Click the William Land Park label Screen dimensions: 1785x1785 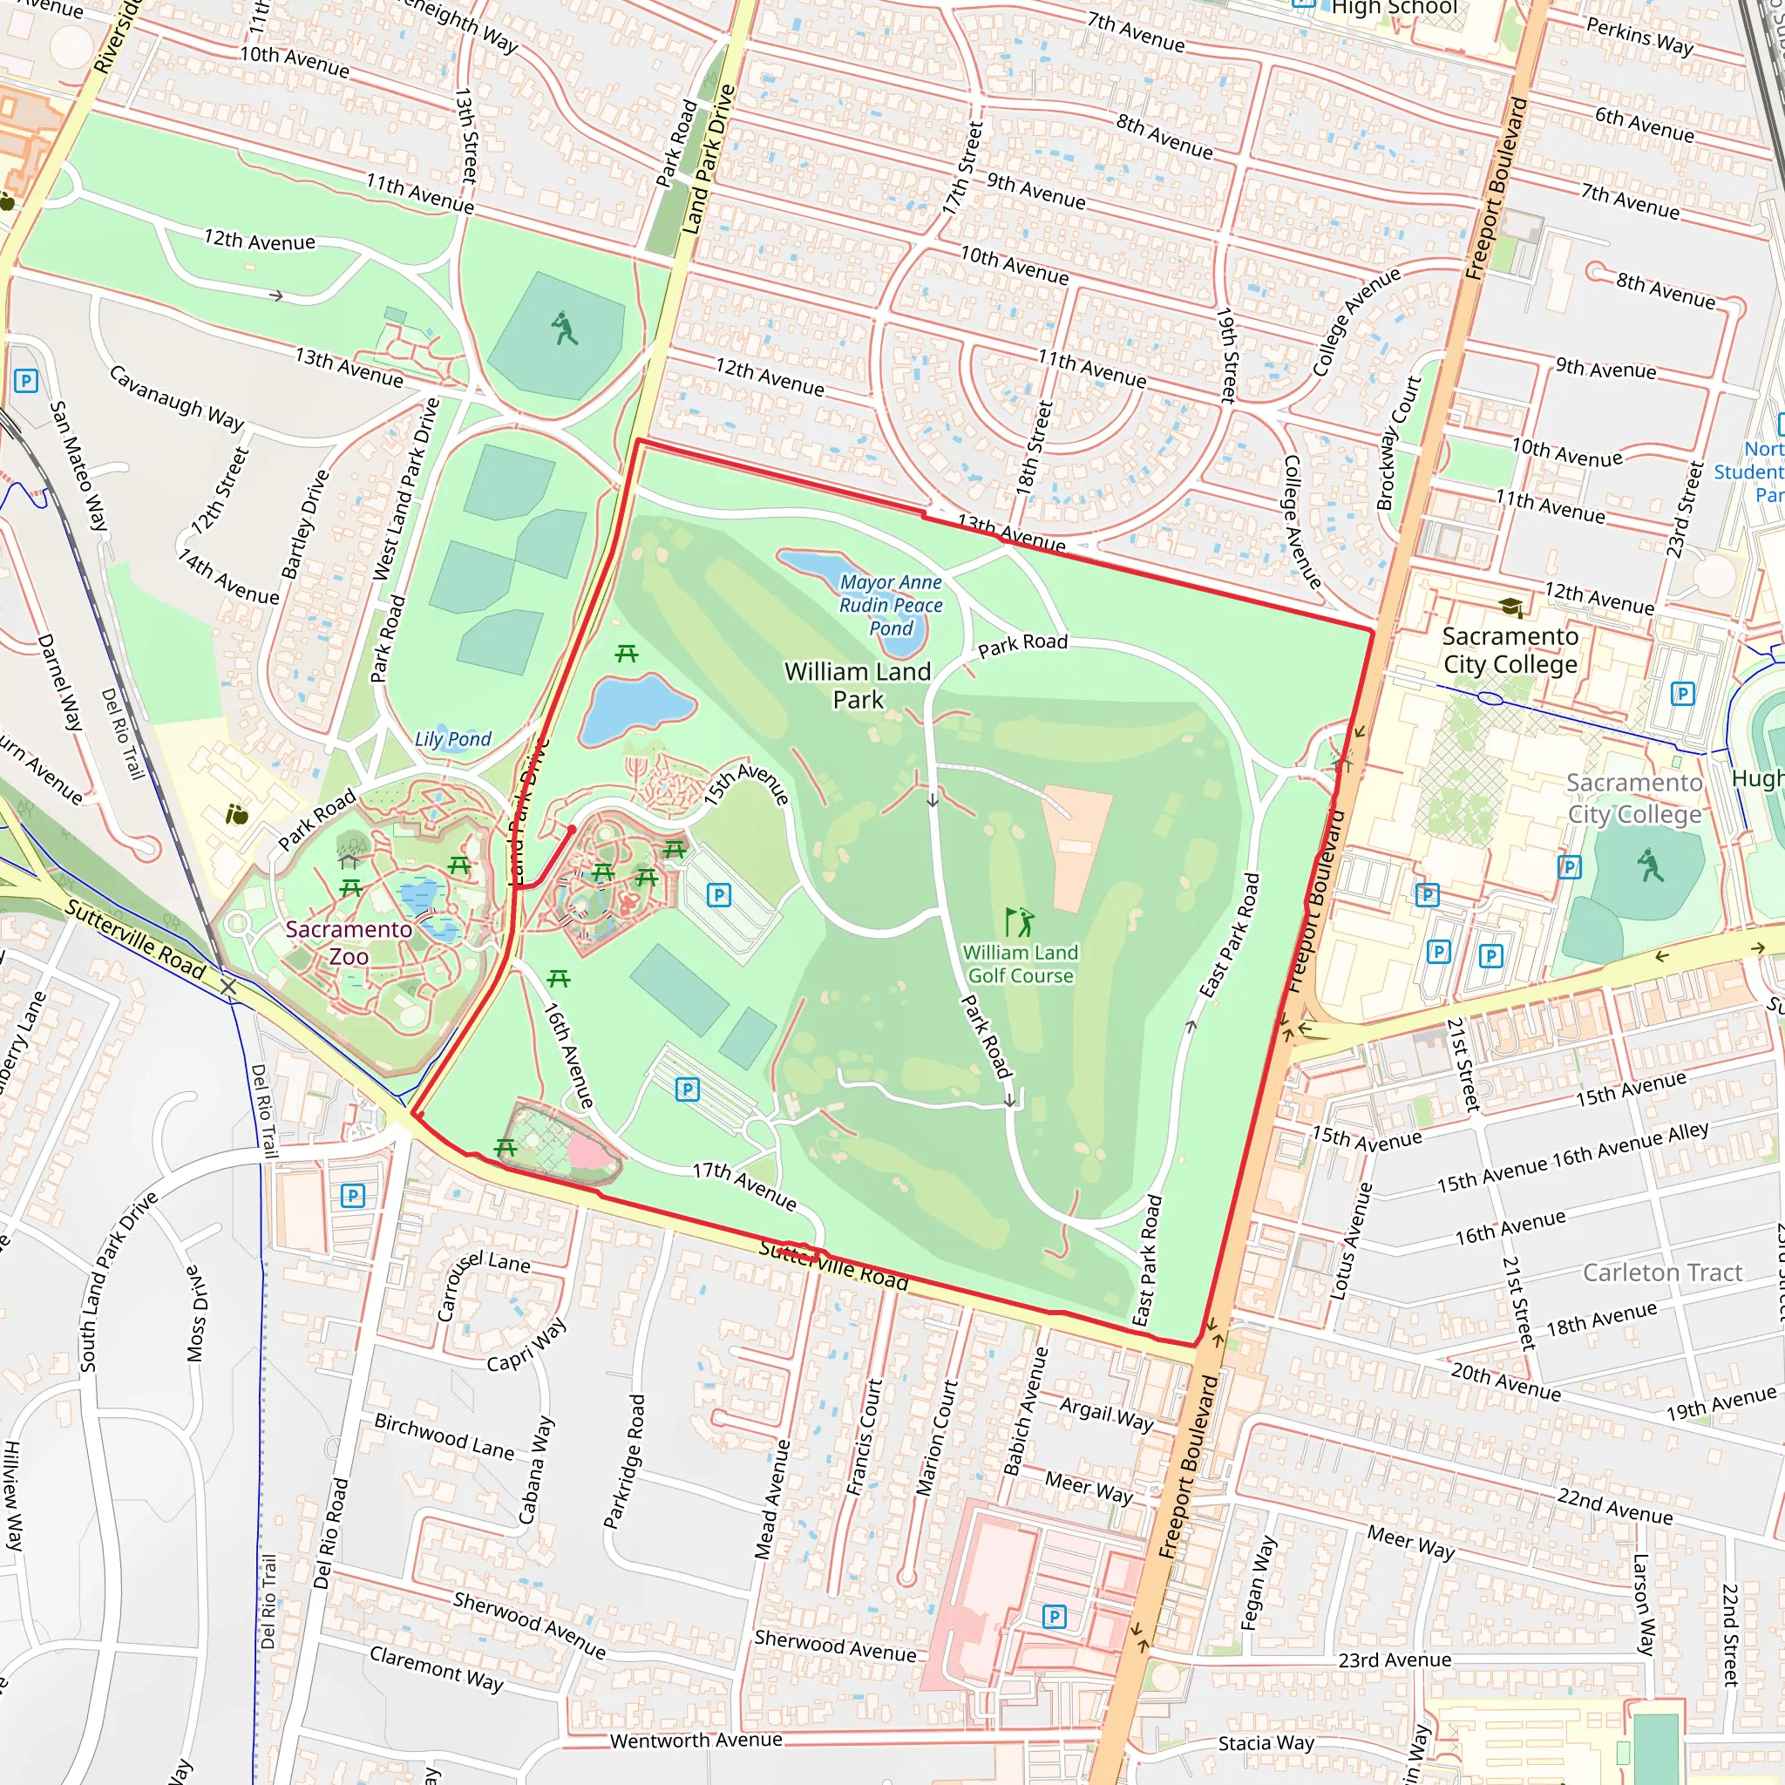(858, 686)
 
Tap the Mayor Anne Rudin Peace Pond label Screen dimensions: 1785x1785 (891, 605)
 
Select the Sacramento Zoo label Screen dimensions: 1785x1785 (349, 942)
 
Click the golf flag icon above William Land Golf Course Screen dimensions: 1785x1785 (1019, 921)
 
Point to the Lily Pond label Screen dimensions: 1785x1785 (452, 739)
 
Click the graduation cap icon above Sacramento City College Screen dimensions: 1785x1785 (1510, 607)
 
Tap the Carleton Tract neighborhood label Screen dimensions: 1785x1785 (1662, 1273)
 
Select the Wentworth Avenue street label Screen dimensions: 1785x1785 (696, 1740)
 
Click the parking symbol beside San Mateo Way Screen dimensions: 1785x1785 (26, 381)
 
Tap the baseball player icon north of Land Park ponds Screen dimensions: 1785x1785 (564, 328)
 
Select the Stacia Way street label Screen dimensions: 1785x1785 (1266, 1742)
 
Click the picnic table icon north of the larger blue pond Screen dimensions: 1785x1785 (627, 655)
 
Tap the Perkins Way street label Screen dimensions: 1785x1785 (1639, 37)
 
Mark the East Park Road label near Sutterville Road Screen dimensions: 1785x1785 (1148, 1260)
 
